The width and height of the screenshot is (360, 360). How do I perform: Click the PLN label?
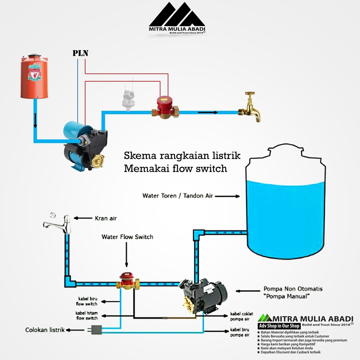click(80, 53)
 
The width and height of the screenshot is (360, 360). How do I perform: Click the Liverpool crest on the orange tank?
click(34, 72)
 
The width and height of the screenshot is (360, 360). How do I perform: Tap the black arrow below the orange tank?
click(35, 122)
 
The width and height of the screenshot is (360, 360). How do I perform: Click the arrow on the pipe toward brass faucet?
click(207, 112)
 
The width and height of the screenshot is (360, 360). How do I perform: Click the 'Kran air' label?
click(105, 218)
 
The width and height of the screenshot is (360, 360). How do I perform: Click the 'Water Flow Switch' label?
click(127, 237)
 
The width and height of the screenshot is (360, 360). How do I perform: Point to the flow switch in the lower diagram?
click(127, 281)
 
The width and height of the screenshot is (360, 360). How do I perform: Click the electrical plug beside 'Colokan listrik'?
click(96, 330)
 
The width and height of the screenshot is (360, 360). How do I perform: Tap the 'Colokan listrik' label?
click(45, 330)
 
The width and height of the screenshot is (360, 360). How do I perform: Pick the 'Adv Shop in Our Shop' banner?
click(279, 326)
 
